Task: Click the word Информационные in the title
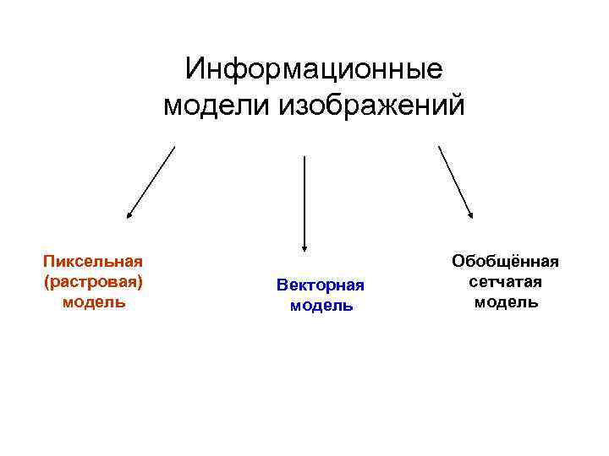314,68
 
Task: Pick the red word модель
93,301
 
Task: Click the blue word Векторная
321,285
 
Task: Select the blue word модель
321,306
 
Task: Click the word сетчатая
506,282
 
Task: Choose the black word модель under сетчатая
506,301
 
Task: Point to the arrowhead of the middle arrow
304,246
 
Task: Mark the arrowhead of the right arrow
471,216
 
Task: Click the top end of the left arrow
175,147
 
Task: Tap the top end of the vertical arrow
304,156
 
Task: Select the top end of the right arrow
438,147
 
